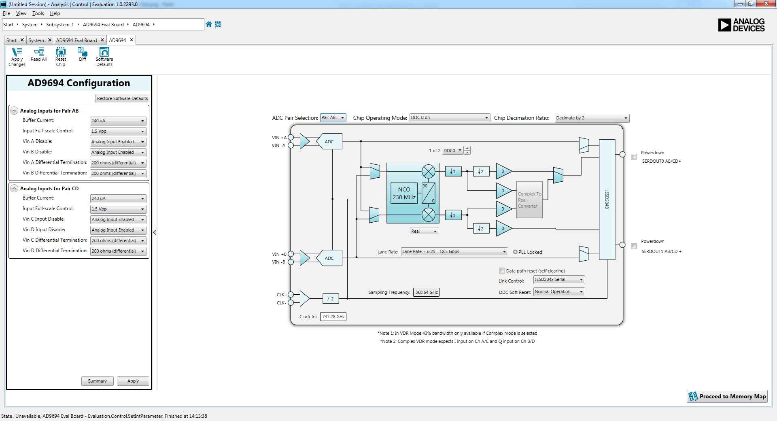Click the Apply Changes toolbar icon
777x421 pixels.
pyautogui.click(x=17, y=56)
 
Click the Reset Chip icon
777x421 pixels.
pyautogui.click(x=60, y=56)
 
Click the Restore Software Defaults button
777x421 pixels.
pyautogui.click(x=122, y=98)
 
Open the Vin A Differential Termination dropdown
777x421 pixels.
pyautogui.click(x=118, y=163)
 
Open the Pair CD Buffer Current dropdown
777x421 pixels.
pyautogui.click(x=118, y=198)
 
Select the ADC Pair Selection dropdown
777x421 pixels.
pyautogui.click(x=333, y=118)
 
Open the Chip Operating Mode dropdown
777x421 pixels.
pyautogui.click(x=449, y=118)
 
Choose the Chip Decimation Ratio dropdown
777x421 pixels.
pyautogui.click(x=592, y=118)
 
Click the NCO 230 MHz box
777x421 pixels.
pyautogui.click(x=404, y=193)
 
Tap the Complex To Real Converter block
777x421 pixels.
pyautogui.click(x=529, y=200)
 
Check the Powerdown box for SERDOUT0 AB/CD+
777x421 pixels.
pyautogui.click(x=634, y=157)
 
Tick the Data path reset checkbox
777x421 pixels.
pyautogui.click(x=502, y=271)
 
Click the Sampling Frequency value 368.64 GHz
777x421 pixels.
pyautogui.click(x=426, y=292)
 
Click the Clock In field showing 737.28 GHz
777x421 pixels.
pyautogui.click(x=333, y=317)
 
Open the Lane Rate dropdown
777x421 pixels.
pyautogui.click(x=454, y=251)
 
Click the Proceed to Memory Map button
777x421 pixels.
pyautogui.click(x=727, y=396)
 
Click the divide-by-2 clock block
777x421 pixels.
pyautogui.click(x=331, y=299)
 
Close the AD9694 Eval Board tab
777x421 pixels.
pyautogui.click(x=102, y=40)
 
